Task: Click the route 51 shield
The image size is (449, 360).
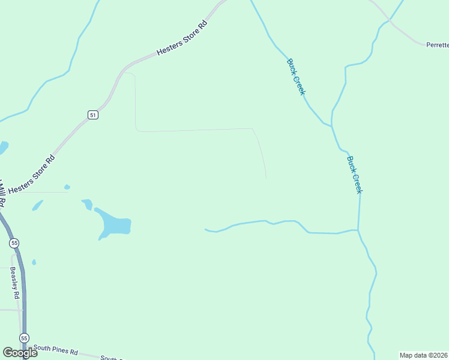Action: point(92,115)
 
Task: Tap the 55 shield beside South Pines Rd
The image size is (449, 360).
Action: point(23,338)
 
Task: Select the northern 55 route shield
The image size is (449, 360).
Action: point(14,243)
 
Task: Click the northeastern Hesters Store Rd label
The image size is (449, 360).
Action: point(182,38)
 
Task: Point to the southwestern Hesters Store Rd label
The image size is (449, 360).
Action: point(32,175)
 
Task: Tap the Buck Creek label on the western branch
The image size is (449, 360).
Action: point(297,76)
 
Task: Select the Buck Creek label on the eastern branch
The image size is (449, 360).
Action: point(355,175)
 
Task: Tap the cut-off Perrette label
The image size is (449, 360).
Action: point(437,45)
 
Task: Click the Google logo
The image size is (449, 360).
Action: point(20,352)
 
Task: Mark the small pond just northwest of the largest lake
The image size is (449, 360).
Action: point(87,204)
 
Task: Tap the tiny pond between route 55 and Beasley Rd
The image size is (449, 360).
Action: point(34,262)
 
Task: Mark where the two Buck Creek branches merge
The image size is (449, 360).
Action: point(331,125)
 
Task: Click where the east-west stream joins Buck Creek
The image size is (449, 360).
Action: point(358,230)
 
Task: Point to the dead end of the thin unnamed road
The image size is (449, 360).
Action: point(266,178)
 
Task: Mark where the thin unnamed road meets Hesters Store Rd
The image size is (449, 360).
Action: point(124,73)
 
